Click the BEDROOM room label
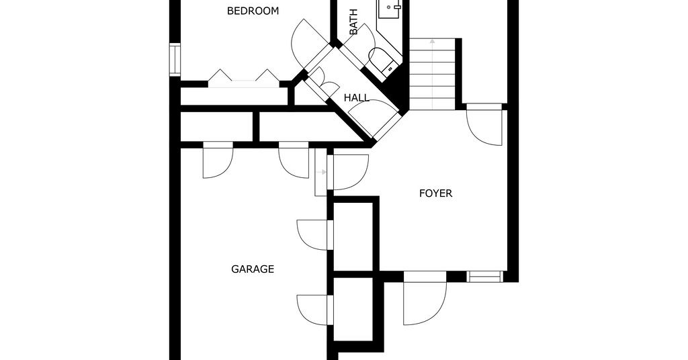253,11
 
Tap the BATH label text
353,22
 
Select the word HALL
357,98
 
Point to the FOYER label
435,193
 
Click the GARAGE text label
253,269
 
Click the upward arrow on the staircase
432,75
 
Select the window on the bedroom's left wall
175,60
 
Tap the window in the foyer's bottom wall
484,276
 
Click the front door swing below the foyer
425,298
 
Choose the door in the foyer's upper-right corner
484,124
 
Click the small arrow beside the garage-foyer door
322,172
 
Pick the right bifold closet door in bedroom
267,75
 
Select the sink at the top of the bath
390,9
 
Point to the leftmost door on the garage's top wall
218,160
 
